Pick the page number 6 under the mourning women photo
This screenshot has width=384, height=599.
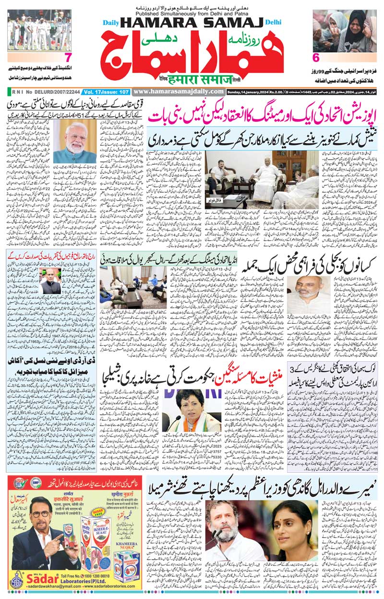[316, 57]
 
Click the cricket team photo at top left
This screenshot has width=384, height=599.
[39, 30]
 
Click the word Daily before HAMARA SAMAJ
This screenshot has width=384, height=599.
[111, 22]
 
